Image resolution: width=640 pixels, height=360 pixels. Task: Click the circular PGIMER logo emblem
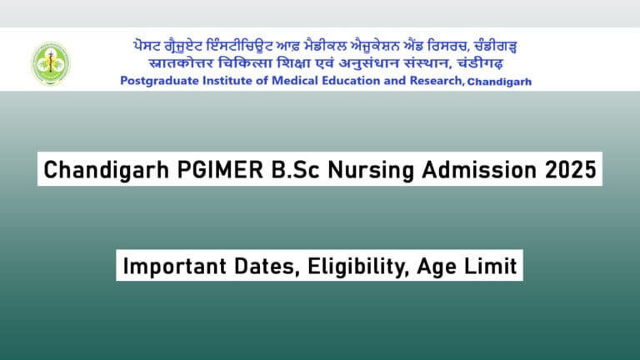click(51, 63)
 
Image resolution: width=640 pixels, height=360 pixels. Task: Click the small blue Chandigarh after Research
click(499, 82)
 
